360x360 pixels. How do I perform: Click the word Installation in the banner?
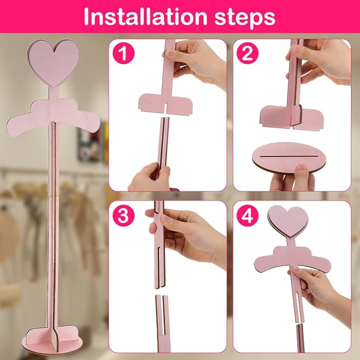(145, 16)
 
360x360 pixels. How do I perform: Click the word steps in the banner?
(245, 17)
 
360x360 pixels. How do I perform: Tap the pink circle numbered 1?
(124, 53)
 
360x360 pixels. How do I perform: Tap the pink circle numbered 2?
(248, 53)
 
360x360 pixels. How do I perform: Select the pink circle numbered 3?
(124, 216)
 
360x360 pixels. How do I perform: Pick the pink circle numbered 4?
(248, 216)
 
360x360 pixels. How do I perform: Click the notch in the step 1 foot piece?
(165, 109)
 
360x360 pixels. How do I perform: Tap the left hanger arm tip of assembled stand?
(10, 128)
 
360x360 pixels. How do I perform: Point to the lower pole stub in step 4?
(301, 338)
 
